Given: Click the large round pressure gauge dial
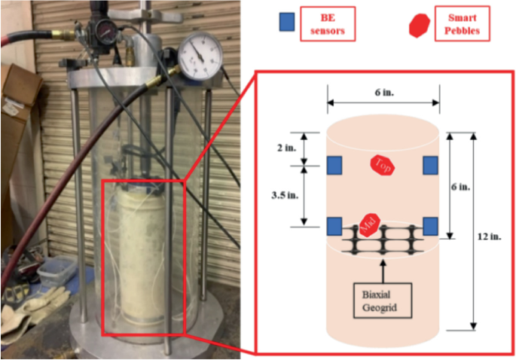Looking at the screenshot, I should tap(199, 55).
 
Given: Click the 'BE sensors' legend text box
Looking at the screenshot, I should tap(328, 23).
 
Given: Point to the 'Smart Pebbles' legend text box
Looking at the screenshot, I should tap(462, 23).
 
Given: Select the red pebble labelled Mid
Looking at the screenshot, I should tap(368, 224).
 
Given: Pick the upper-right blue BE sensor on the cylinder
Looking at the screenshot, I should tap(431, 165).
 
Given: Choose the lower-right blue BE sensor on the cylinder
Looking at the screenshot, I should tap(431, 225).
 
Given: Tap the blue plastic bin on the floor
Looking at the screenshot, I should tap(53, 271).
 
